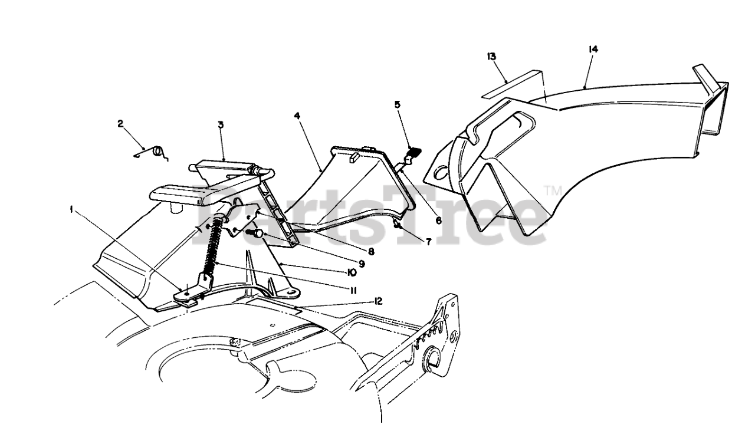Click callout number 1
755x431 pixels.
tap(71, 209)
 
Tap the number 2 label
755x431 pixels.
tap(120, 123)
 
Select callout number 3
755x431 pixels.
tap(220, 124)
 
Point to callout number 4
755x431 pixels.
tap(297, 116)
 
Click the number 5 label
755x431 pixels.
tap(397, 104)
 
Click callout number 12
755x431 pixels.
tap(378, 301)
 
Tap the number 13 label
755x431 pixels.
tap(491, 56)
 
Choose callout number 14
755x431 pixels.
tap(593, 50)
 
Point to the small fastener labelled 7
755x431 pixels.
tap(398, 225)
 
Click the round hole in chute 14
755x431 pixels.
tap(440, 173)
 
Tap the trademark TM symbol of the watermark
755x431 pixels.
tap(553, 190)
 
